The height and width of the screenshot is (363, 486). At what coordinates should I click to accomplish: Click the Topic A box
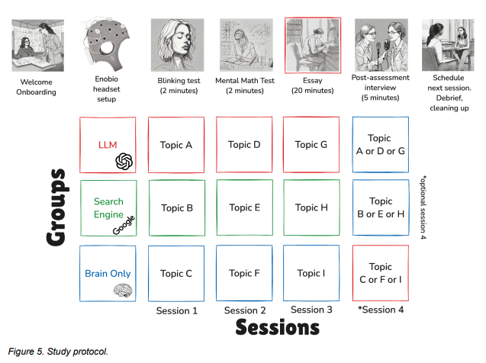click(x=176, y=144)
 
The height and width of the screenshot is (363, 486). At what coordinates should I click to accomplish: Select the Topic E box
click(x=245, y=207)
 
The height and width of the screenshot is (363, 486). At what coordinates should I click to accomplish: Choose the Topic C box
click(x=176, y=273)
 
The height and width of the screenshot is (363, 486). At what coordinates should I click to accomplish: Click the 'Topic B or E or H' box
click(x=379, y=207)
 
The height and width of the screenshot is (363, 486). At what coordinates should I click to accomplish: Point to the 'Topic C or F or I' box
click(x=379, y=273)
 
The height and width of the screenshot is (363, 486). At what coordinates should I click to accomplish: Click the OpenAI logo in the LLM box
click(x=124, y=161)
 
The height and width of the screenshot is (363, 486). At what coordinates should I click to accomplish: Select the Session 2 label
click(x=245, y=310)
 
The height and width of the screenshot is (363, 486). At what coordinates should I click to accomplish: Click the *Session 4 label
click(x=379, y=310)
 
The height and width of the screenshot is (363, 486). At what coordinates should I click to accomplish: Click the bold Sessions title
click(x=277, y=328)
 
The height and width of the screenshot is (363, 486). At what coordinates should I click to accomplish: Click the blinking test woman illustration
click(x=176, y=44)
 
